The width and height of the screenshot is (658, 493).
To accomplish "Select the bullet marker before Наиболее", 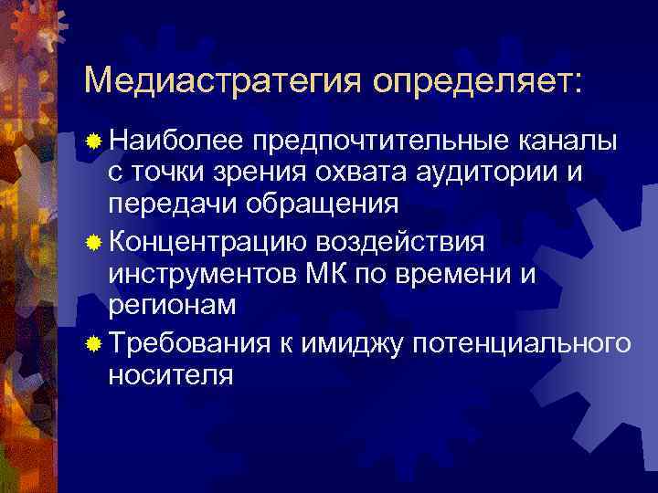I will click(x=93, y=143).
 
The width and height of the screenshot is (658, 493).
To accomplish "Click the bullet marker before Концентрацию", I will click(x=93, y=242).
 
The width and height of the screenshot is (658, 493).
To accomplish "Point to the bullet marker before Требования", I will click(x=93, y=344).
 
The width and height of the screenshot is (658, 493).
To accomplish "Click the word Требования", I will click(x=188, y=344).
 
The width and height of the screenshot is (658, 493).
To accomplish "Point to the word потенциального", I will click(x=522, y=344).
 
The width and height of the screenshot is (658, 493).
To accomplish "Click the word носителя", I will click(x=170, y=374).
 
